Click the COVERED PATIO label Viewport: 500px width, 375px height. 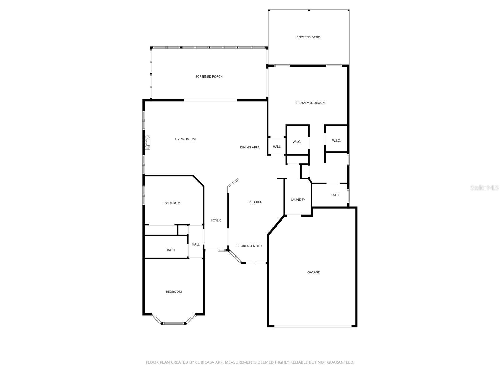point(308,37)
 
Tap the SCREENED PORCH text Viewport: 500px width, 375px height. point(209,77)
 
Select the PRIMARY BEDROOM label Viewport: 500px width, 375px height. point(310,103)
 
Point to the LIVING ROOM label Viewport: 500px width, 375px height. point(185,139)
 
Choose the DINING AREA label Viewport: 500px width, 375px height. point(250,147)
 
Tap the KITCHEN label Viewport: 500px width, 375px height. point(256,202)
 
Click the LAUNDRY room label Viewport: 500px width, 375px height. point(297,200)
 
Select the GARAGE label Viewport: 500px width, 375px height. point(313,272)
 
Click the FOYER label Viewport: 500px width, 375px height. point(216,220)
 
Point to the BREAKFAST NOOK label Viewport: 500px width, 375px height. point(249,246)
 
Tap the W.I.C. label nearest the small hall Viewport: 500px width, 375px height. point(297,142)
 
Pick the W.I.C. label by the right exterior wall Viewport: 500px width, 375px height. point(336,141)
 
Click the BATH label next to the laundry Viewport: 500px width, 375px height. point(334,195)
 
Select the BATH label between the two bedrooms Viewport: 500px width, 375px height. point(171,250)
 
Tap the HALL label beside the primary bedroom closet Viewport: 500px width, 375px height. point(277,147)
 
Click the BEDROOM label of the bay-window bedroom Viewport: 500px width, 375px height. point(173,292)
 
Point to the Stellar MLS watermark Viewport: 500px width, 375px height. point(484,187)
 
